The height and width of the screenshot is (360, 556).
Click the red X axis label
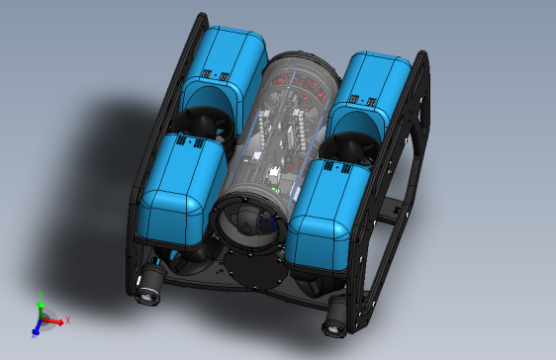pos(67,320)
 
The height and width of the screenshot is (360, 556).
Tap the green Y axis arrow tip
pos(41,303)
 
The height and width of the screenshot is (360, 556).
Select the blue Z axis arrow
pos(35,330)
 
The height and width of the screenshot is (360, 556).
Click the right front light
pos(335,313)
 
